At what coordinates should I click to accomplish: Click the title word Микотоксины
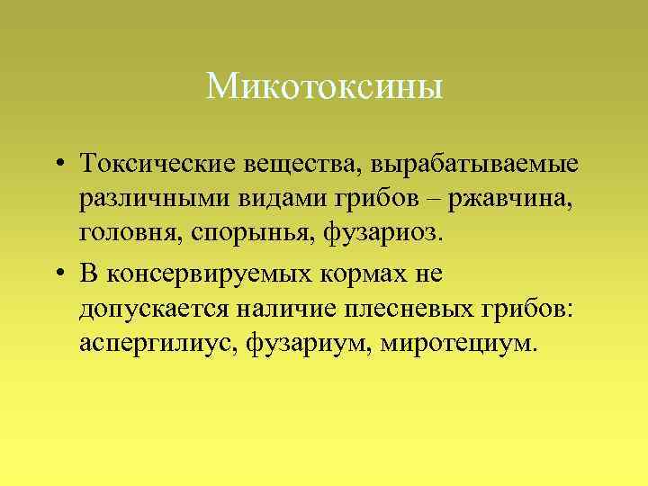click(x=324, y=87)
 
